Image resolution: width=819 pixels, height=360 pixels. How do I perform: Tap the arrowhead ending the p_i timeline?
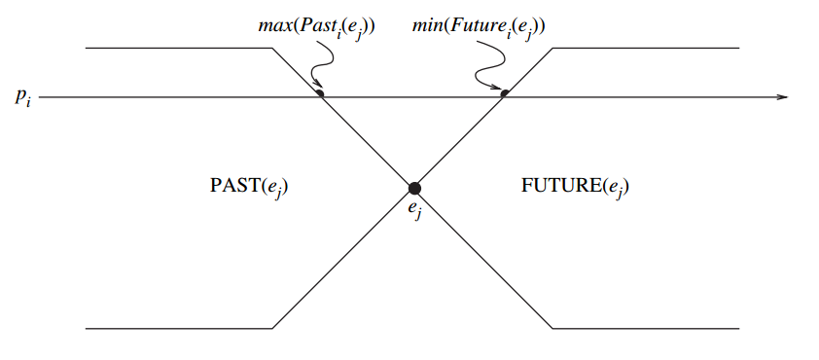pos(782,97)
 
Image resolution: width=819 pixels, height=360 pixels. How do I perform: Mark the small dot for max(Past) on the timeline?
pos(321,93)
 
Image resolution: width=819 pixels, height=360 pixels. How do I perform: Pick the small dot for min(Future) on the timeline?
pos(504,93)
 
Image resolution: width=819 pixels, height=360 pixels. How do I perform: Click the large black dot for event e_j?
pos(414,188)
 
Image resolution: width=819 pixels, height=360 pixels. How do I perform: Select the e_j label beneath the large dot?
pos(414,208)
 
